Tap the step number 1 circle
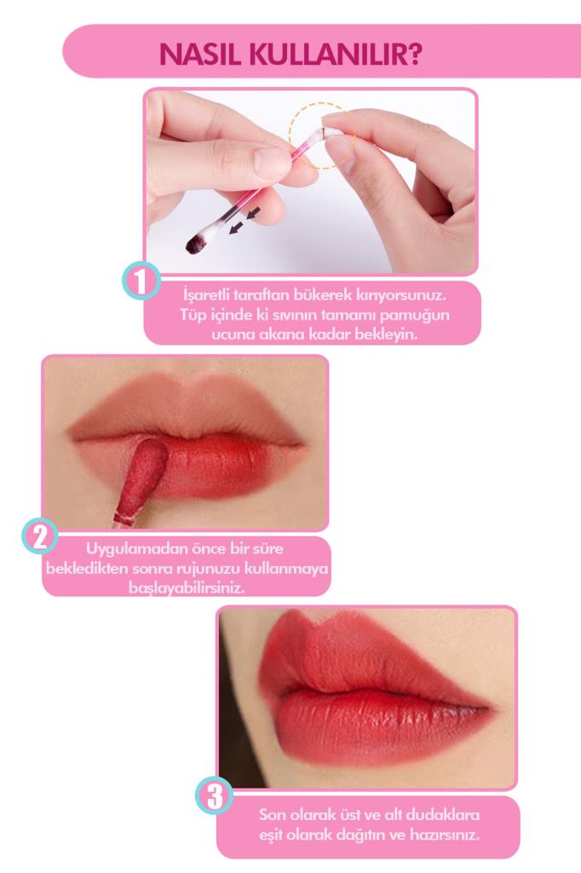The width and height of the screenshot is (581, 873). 141,281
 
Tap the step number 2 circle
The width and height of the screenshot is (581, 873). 40,537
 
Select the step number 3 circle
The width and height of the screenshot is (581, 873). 215,795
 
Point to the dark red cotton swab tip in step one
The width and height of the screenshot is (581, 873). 196,243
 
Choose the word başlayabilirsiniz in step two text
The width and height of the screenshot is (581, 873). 187,588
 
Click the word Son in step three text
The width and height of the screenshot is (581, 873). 271,815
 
